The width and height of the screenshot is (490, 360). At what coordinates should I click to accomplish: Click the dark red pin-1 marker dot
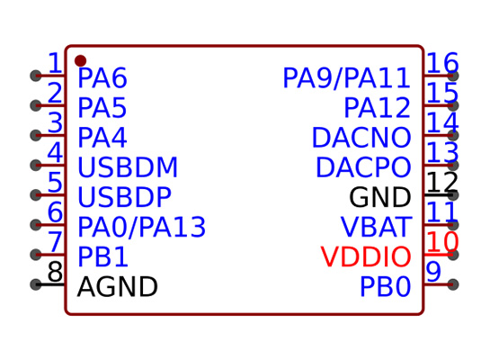click(80, 60)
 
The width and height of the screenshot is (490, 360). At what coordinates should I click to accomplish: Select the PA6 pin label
click(102, 78)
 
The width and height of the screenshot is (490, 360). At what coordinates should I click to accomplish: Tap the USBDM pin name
click(128, 167)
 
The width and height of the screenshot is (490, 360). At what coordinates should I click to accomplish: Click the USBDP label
click(124, 197)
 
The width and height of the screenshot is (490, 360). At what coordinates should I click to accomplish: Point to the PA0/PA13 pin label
click(141, 227)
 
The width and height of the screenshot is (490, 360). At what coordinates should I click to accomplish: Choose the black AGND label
click(117, 287)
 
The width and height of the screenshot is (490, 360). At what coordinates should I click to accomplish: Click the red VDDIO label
click(366, 256)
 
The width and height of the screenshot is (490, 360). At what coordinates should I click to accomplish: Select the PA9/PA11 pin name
click(346, 78)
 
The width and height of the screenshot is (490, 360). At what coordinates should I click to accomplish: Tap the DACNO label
click(361, 138)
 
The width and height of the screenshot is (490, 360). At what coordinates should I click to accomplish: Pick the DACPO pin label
click(363, 167)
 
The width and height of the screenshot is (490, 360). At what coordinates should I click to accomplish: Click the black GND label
click(380, 197)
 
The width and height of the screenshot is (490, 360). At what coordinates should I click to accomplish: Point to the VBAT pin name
click(376, 227)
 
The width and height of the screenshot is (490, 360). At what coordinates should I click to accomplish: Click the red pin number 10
click(443, 242)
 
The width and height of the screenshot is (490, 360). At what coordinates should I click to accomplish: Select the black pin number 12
click(442, 182)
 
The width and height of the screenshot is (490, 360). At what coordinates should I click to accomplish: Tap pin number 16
click(443, 63)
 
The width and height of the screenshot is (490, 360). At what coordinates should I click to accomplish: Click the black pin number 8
click(56, 272)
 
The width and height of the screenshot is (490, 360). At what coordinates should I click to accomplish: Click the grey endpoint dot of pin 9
click(453, 284)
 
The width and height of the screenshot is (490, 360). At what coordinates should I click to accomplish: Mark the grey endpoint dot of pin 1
click(36, 76)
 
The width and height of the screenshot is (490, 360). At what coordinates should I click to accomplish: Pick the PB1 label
click(102, 256)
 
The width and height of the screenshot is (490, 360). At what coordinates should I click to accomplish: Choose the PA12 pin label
click(378, 108)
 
